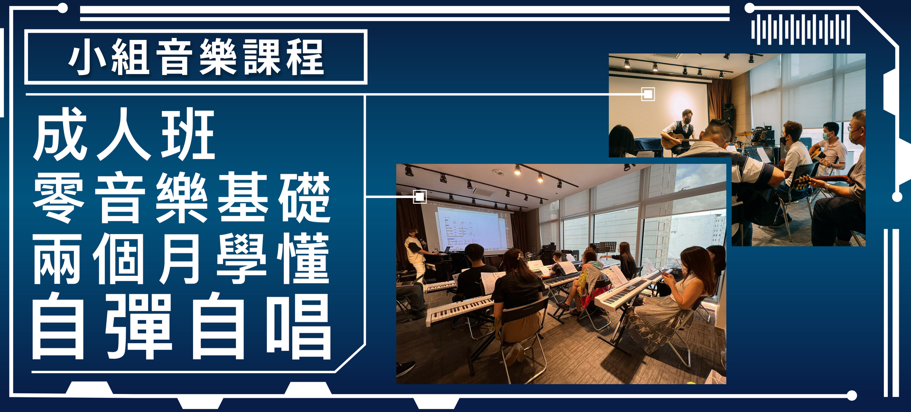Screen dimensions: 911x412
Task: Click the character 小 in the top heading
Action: point(87,57)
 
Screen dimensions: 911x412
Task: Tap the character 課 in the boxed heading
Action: point(262,57)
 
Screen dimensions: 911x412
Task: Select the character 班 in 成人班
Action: point(188,134)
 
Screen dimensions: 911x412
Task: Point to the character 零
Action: point(59,197)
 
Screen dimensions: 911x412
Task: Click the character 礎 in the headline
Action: point(304,197)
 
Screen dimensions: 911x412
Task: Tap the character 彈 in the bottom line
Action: point(139,326)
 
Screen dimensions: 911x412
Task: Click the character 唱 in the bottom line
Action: point(298,326)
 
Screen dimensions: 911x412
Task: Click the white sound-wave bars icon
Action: point(800,29)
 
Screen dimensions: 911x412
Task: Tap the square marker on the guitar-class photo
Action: point(648,94)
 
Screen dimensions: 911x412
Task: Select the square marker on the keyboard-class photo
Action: point(419,197)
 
